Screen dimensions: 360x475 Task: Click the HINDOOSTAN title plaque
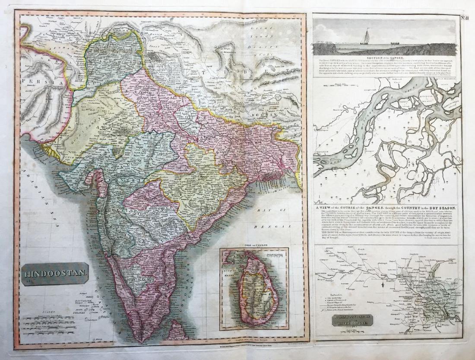coord(54,273)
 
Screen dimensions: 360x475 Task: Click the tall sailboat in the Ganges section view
coord(367,36)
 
